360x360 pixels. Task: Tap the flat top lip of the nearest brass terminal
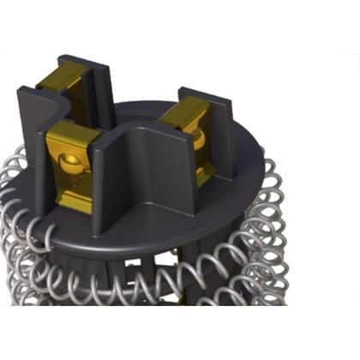click(69, 133)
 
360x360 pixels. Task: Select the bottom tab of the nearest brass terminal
click(74, 201)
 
